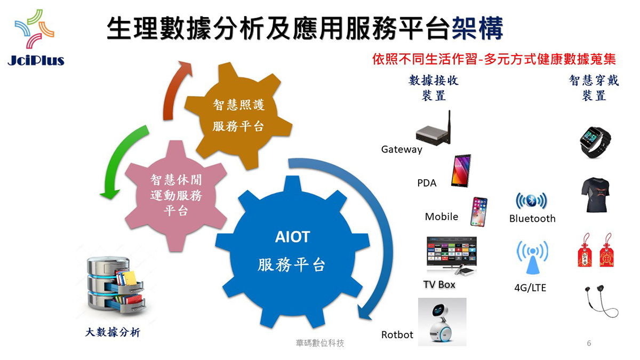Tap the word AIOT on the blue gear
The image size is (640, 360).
[x=292, y=237]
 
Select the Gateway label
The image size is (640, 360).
[x=402, y=149]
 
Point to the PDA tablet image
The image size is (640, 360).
[x=461, y=171]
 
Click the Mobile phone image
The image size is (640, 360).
[x=478, y=212]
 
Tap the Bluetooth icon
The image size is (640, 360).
[x=531, y=201]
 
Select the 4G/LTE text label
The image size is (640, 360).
[x=530, y=287]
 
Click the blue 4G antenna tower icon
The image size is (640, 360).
[x=532, y=257]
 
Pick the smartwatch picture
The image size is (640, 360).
[x=595, y=142]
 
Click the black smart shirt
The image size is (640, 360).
[x=595, y=195]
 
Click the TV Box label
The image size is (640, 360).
[x=439, y=285]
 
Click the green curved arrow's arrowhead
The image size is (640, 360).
[x=110, y=194]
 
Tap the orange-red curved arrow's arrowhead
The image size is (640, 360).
[x=185, y=68]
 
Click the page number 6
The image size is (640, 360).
[x=589, y=343]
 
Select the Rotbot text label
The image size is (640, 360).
[x=397, y=334]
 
